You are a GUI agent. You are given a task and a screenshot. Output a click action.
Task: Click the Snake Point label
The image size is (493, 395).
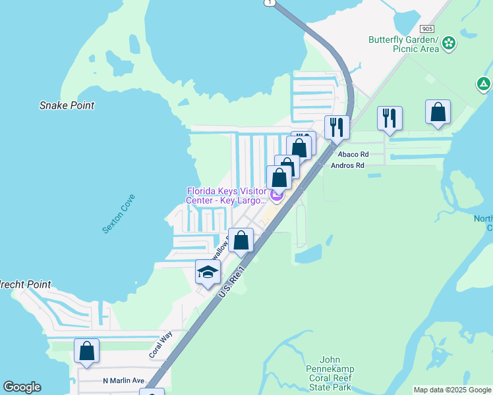[x=67, y=105]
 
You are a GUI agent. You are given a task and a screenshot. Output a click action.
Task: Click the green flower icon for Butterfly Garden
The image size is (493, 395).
[x=449, y=43]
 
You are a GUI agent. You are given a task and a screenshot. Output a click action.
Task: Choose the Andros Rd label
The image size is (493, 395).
[x=347, y=166]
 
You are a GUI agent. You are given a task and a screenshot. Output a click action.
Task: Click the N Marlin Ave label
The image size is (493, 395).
[x=123, y=381]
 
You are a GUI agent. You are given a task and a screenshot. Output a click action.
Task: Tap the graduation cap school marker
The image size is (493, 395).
[x=208, y=272]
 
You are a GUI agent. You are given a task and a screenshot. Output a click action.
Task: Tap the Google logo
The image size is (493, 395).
[x=22, y=387]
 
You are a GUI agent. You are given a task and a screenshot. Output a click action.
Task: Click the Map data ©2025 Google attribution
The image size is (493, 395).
[x=451, y=390]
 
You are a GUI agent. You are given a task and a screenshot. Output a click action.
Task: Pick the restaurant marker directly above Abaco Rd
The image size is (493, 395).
[x=337, y=127]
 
